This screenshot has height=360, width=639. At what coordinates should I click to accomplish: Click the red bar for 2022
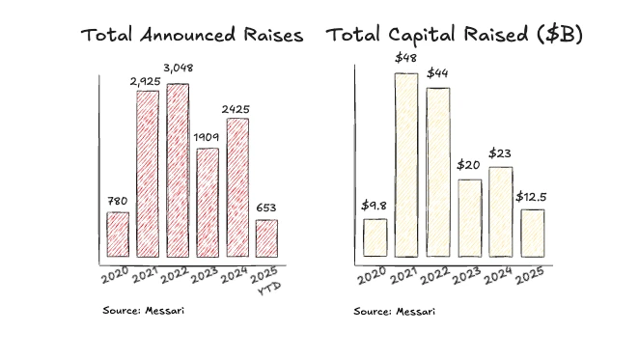pos(178,171)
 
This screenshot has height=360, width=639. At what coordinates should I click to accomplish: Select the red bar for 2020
pos(117,235)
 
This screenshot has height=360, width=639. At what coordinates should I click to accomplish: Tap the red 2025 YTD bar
pos(266,238)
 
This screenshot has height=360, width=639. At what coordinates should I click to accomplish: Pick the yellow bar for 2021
pos(405,164)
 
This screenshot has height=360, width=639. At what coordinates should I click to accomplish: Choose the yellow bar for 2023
pos(469,218)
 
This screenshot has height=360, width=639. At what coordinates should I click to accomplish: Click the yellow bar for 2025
pos(532,233)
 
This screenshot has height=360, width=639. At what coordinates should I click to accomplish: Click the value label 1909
pos(207,136)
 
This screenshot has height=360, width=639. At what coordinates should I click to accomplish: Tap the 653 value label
pos(267,208)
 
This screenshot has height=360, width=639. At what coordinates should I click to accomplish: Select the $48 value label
pos(406,59)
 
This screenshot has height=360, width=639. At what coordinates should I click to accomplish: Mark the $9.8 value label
pos(375,206)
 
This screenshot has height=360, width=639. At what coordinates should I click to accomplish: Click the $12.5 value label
pos(531,197)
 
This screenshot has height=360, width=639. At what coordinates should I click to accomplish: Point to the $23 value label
pos(500,153)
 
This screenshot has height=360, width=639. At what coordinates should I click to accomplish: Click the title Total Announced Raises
pos(191,36)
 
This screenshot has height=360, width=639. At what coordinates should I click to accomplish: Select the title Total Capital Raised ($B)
pos(455,36)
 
